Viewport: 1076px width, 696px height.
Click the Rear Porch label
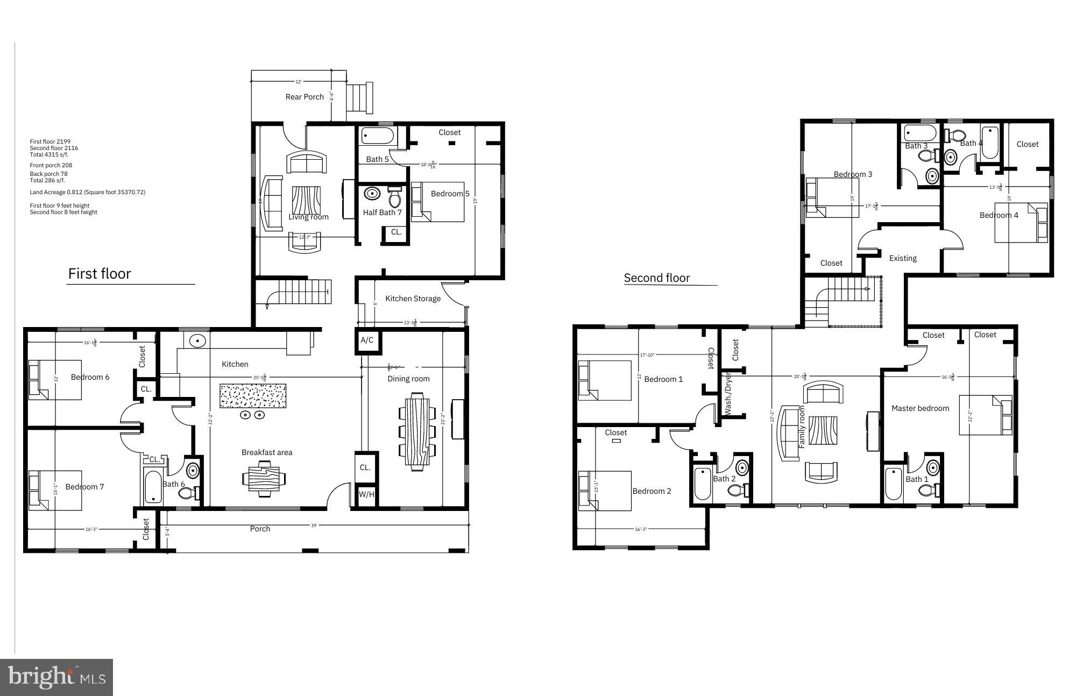tap(305, 97)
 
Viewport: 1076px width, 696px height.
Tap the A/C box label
tap(367, 340)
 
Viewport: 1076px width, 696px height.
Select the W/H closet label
tap(366, 494)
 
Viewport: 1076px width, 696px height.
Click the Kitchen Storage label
tap(413, 299)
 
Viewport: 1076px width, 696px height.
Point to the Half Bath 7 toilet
tap(395, 197)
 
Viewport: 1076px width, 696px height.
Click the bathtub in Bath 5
tap(378, 136)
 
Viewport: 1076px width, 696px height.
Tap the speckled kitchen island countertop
tap(252, 396)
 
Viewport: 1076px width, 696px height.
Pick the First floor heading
tap(100, 274)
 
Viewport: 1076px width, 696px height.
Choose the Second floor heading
tap(656, 278)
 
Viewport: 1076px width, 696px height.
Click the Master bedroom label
tap(920, 408)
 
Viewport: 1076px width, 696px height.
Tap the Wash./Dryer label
tap(728, 393)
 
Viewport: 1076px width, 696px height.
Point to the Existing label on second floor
tap(903, 258)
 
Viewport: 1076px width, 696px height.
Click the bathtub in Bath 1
tap(894, 484)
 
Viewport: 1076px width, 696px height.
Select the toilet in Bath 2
tap(737, 490)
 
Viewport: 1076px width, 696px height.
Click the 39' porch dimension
tap(314, 525)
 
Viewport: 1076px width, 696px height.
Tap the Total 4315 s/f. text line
tap(49, 154)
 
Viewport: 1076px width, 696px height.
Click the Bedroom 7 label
tap(84, 487)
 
